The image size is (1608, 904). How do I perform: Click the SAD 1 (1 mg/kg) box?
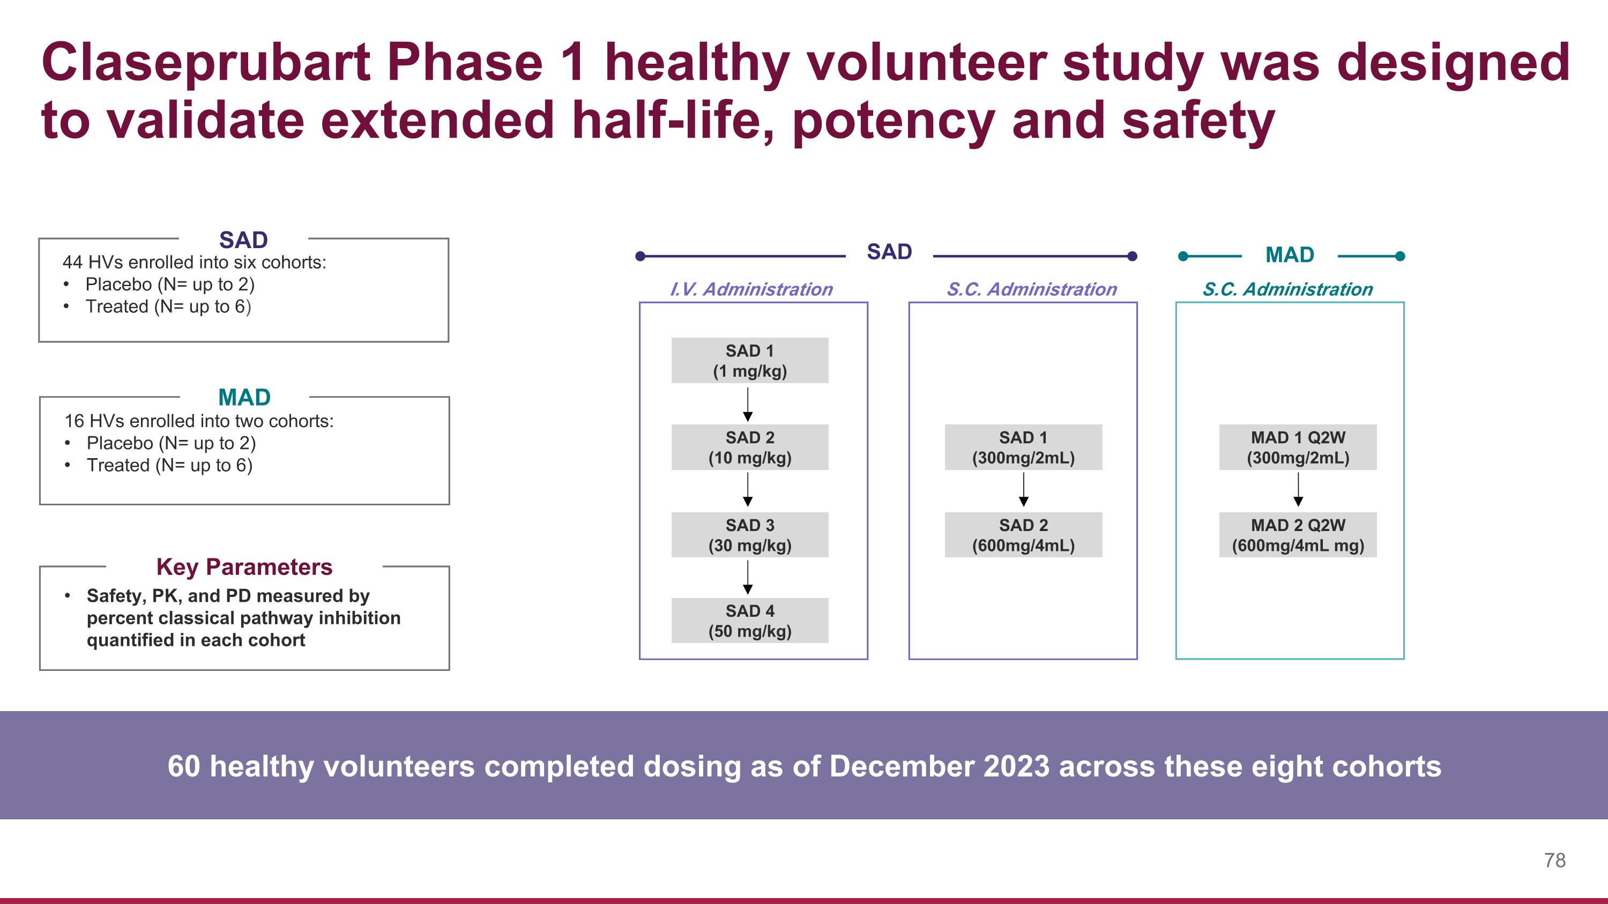click(x=750, y=361)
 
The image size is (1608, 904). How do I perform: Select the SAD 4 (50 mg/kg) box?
click(x=750, y=621)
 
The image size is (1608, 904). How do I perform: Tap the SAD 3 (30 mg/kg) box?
click(x=750, y=535)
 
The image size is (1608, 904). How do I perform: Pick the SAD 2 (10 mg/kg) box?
click(x=750, y=447)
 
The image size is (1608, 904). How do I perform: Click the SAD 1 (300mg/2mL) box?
click(x=1023, y=447)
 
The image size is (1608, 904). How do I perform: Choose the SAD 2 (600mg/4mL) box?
click(x=1023, y=535)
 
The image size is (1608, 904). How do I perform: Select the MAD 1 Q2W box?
click(x=1298, y=447)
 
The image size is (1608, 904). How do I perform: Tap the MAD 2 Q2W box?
click(x=1298, y=535)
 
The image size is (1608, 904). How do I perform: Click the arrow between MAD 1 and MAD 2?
click(x=1298, y=490)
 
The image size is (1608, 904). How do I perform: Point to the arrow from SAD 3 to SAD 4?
click(x=748, y=577)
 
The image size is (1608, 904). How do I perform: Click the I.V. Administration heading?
click(x=751, y=289)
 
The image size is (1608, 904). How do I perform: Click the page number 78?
click(x=1554, y=861)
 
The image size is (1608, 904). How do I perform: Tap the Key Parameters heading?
click(x=244, y=567)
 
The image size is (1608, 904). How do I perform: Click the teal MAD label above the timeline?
click(x=1290, y=255)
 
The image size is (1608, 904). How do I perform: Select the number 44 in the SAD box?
click(x=72, y=262)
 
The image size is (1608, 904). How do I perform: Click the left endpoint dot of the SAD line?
click(x=640, y=256)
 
